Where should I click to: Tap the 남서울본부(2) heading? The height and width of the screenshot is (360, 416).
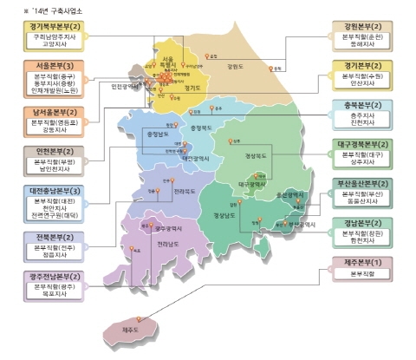coord(50,111)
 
